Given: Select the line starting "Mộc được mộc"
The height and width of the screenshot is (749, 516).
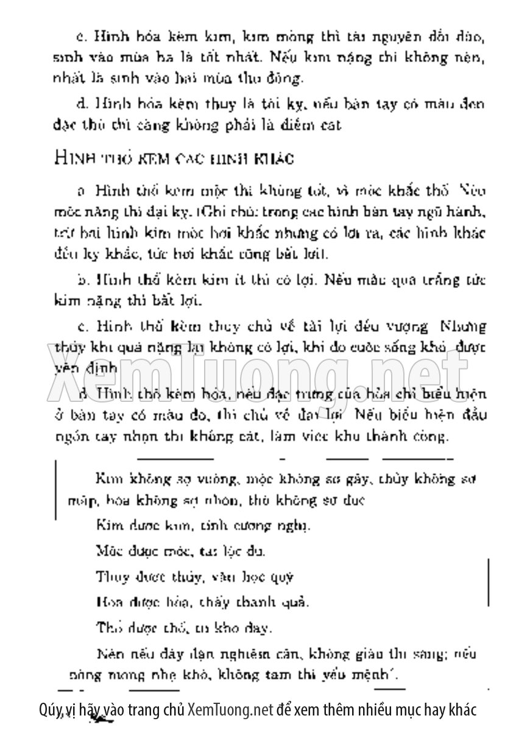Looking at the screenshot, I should click(180, 552).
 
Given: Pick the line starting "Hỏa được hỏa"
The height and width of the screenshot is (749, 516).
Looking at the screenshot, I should click(202, 602).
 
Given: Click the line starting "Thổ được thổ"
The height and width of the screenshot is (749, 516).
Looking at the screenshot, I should click(184, 627).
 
